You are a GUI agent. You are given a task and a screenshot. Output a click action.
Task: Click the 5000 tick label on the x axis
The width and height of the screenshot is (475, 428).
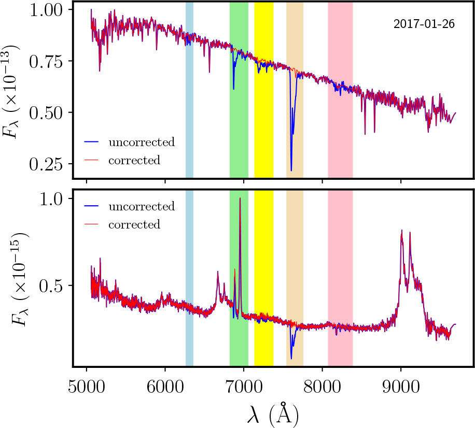coord(86,387)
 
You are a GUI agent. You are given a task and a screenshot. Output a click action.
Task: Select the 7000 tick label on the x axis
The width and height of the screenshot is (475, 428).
coord(243,387)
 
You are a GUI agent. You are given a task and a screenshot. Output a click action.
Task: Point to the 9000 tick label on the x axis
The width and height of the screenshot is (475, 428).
coord(400,387)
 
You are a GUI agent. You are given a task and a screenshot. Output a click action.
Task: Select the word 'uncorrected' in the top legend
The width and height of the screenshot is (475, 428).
coord(142,142)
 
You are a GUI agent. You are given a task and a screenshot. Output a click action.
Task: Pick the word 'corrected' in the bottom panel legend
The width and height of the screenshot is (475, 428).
coord(134,224)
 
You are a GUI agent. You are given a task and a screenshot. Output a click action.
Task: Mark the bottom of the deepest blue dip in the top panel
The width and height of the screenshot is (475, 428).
coord(291,170)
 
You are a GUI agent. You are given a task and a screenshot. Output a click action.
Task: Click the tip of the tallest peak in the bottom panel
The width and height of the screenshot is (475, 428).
coord(240,198)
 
